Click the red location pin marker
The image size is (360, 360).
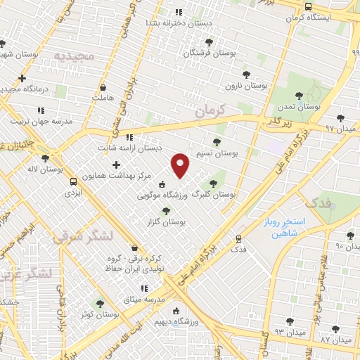(181, 165)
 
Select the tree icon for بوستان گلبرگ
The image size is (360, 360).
(224, 182)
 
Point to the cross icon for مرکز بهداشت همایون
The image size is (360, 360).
(116, 165)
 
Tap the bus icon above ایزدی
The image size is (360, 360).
(73, 181)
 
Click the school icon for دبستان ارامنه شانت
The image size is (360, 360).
(129, 137)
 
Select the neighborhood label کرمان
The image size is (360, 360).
(209, 111)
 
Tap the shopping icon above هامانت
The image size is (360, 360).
(104, 88)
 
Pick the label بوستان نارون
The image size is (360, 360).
(247, 85)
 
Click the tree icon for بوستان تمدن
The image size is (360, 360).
(299, 96)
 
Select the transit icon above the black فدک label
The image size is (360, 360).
(239, 239)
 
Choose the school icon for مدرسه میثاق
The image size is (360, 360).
(144, 288)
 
